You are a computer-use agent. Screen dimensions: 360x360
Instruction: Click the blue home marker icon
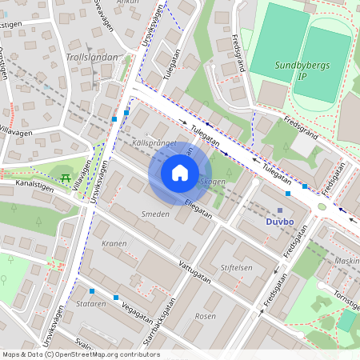(x=180, y=173)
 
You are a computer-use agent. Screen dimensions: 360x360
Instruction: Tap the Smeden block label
(x=154, y=214)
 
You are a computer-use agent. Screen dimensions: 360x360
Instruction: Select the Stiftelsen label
(x=236, y=267)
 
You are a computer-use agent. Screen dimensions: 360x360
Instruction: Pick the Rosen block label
(x=206, y=315)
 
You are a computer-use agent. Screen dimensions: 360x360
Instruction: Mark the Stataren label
(x=91, y=304)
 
